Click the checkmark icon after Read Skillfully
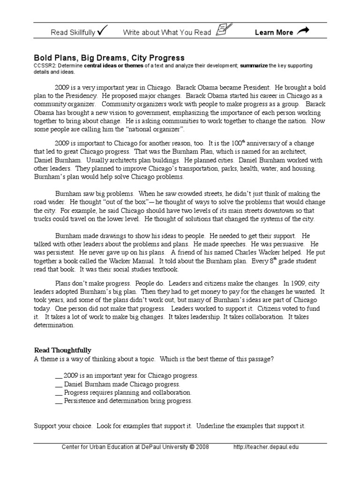tap(103, 31)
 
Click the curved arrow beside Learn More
tap(304, 31)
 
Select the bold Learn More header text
tap(274, 32)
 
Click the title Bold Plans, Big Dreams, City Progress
tap(110, 58)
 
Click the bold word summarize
tap(254, 66)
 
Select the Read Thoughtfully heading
tap(63, 350)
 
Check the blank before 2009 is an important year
tap(58, 376)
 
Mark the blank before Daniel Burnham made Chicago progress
tap(58, 384)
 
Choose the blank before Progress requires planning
tap(58, 393)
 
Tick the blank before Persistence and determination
tap(58, 401)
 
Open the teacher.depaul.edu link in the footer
tap(266, 447)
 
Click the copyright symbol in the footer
tap(192, 447)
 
